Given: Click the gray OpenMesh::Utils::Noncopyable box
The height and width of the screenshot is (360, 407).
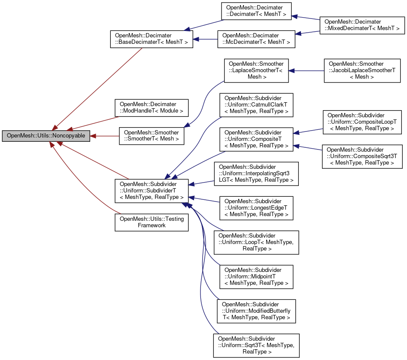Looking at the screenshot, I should pyautogui.click(x=46, y=136).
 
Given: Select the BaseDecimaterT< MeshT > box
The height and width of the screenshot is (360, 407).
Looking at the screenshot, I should pyautogui.click(x=151, y=39).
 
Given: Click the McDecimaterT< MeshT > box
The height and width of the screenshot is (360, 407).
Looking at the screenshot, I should pyautogui.click(x=256, y=39).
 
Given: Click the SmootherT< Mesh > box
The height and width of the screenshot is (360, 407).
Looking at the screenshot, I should pyautogui.click(x=151, y=136).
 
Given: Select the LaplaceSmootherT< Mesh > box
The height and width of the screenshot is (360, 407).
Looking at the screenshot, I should pyautogui.click(x=256, y=70).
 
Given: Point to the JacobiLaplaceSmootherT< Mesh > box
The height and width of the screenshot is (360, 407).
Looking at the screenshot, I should pyautogui.click(x=361, y=70).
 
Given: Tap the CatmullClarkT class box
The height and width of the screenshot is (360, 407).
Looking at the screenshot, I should pyautogui.click(x=256, y=105).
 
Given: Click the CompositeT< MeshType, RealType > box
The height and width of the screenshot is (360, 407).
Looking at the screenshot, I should pyautogui.click(x=256, y=139).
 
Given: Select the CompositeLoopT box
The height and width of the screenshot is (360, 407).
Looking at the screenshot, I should pyautogui.click(x=361, y=122).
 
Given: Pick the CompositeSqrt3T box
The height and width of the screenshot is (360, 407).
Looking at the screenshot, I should pyautogui.click(x=361, y=156).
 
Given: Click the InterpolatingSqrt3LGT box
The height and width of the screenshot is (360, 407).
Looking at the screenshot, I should pyautogui.click(x=256, y=174).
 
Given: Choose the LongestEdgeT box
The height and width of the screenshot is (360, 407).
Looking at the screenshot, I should pyautogui.click(x=256, y=208).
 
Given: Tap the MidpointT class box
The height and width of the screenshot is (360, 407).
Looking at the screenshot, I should pyautogui.click(x=256, y=277).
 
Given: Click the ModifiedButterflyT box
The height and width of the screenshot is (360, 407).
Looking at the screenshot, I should pyautogui.click(x=256, y=311).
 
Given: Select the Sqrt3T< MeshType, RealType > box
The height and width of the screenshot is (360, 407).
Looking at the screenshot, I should pyautogui.click(x=256, y=345).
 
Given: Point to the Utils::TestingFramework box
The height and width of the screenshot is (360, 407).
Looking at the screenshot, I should pyautogui.click(x=151, y=222).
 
